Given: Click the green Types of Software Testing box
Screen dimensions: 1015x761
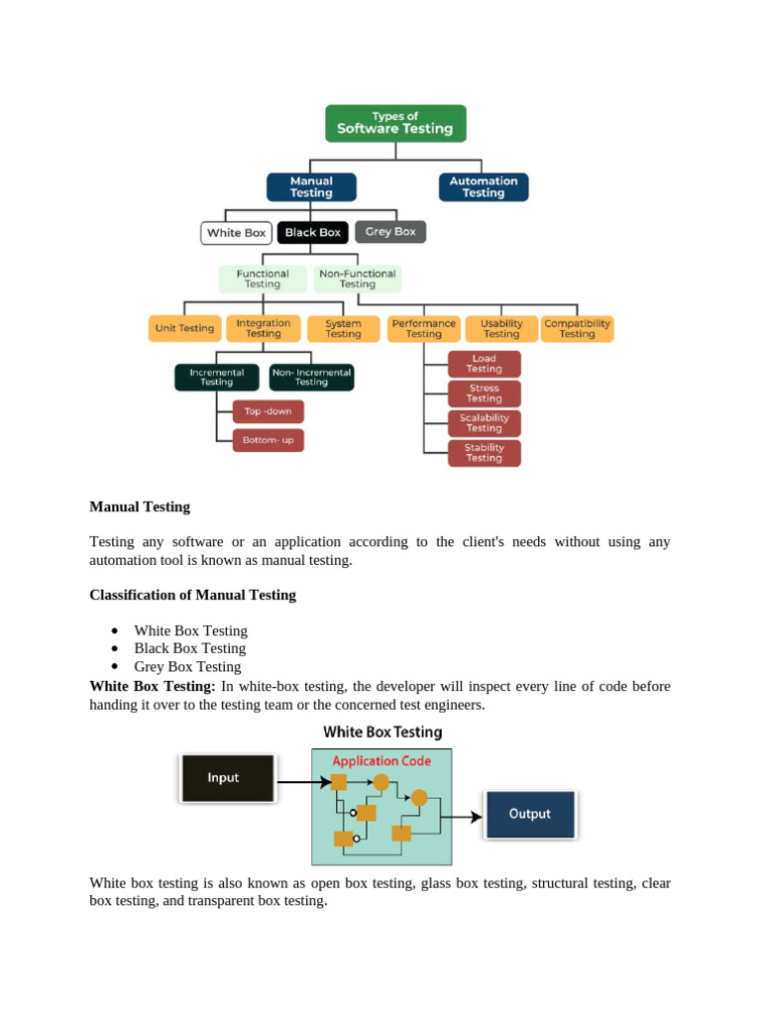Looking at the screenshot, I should (x=395, y=123).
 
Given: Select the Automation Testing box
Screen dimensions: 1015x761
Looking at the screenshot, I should (x=484, y=187).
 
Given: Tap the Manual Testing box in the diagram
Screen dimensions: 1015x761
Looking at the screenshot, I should (x=311, y=187).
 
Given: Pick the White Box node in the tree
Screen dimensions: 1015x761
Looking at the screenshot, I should (x=237, y=233).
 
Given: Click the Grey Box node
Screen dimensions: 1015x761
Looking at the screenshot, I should (x=390, y=232).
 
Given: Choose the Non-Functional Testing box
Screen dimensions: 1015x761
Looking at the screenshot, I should (x=358, y=279).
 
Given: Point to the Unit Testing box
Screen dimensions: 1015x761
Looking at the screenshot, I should (x=184, y=329).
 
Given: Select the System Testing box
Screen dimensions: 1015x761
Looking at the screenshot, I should (x=343, y=329).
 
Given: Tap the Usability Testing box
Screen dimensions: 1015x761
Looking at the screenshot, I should (x=501, y=329).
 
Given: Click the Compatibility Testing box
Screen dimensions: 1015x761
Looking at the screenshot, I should (x=578, y=329).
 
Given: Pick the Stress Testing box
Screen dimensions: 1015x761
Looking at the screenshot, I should (x=484, y=394).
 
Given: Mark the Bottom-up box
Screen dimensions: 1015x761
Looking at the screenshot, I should (x=269, y=440).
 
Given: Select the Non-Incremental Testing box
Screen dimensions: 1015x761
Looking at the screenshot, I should (x=311, y=378).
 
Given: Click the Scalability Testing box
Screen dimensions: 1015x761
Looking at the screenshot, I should (x=484, y=423).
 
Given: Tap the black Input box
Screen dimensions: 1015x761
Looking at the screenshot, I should (x=227, y=778).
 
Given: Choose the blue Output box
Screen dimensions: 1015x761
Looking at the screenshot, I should (x=530, y=814).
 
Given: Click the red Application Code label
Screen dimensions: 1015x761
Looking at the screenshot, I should (x=381, y=761).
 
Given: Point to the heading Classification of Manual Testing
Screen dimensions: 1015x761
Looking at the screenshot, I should (x=192, y=595).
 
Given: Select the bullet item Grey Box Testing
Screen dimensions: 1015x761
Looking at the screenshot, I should (x=187, y=666).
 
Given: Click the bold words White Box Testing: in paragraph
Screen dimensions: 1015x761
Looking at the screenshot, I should (x=152, y=686).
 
